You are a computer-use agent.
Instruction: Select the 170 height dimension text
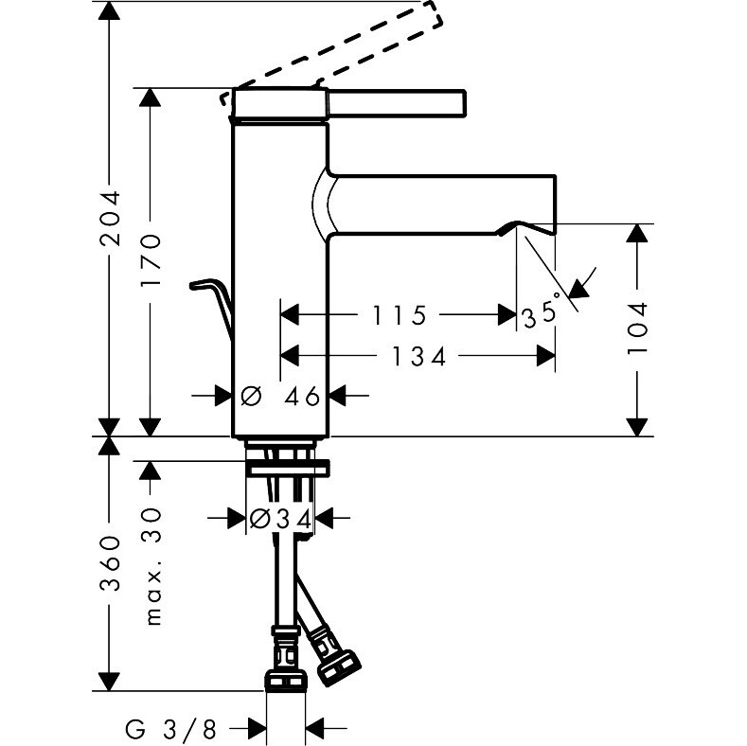tap(152, 261)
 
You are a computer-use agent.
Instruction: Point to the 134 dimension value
tap(418, 356)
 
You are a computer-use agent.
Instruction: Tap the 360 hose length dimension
tap(113, 564)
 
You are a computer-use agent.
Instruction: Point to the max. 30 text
tap(153, 565)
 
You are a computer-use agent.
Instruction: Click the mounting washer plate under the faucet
tap(288, 467)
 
